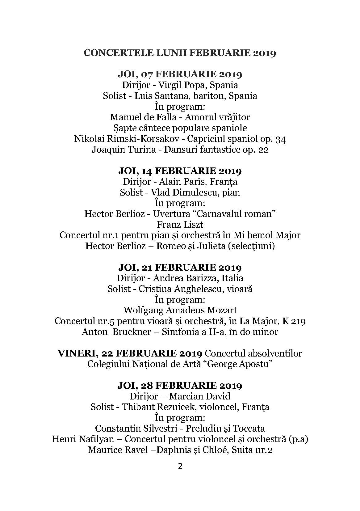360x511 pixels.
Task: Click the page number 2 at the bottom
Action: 180,466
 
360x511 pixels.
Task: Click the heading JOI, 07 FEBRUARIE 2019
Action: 180,74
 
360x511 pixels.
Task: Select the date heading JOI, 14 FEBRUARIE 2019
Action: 180,171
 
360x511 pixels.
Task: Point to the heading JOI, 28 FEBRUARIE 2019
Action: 180,386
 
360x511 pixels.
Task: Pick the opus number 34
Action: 280,139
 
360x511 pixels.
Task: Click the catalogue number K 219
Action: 293,321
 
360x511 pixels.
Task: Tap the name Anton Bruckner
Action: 117,332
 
